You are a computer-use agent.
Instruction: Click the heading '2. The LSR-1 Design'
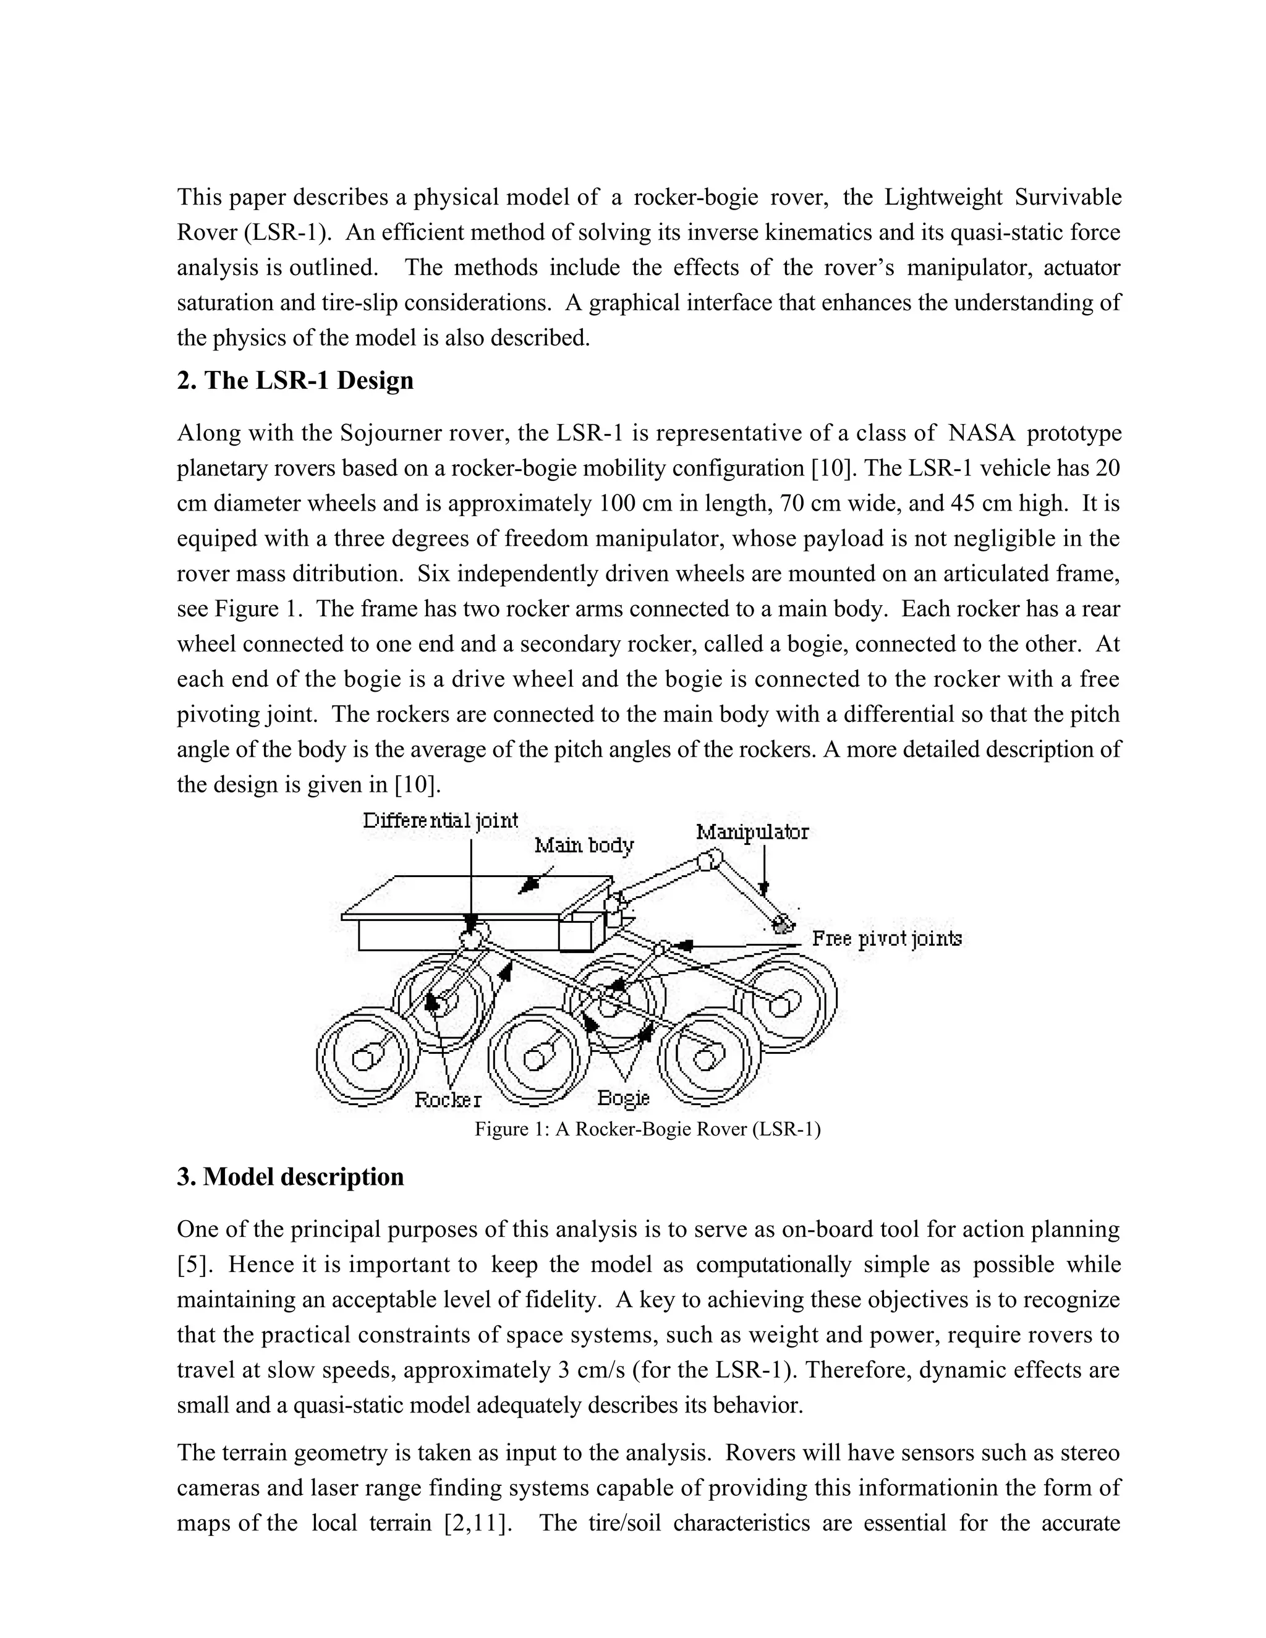click(x=295, y=380)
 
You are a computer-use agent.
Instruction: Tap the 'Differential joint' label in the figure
click(x=440, y=820)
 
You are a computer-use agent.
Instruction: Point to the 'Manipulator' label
click(x=752, y=832)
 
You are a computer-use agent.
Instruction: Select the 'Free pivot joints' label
click(x=886, y=938)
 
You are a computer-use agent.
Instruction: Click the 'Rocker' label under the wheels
click(x=448, y=1100)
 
